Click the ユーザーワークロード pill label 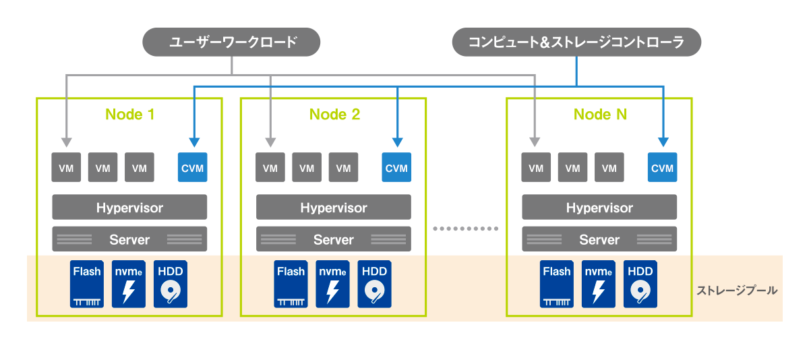tap(231, 42)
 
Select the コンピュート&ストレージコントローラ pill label tap(576, 42)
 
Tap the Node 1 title tap(130, 114)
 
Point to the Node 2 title tap(335, 114)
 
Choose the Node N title tap(600, 114)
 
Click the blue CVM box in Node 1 tap(193, 168)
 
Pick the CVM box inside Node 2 tap(396, 168)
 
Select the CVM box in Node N tap(663, 168)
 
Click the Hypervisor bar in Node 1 tap(129, 208)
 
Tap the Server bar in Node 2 tap(334, 239)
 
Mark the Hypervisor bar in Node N tap(599, 208)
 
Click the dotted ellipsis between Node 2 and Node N tap(466, 229)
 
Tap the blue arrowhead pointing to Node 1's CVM tap(194, 143)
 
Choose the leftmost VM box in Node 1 tap(67, 168)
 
